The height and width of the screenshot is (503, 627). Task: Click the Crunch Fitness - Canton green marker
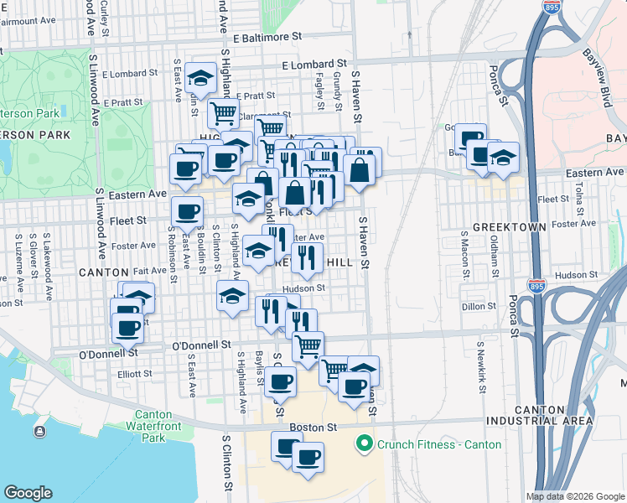363,443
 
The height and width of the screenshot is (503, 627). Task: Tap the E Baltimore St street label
267,38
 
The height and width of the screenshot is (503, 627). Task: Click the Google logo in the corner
28,493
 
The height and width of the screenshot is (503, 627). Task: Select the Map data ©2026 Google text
576,496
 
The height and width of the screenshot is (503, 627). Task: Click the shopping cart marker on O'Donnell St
308,344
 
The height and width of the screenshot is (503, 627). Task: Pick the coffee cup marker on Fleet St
186,211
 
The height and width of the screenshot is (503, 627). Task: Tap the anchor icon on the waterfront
39,431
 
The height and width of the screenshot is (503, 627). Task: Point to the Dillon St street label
479,307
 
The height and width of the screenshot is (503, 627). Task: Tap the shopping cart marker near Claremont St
222,112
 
